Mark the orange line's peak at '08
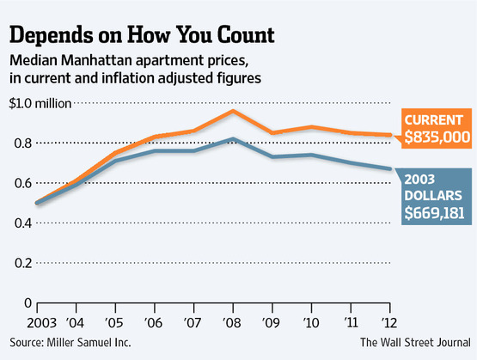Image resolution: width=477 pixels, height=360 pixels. tap(233, 110)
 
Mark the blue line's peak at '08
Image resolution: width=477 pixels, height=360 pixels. tap(233, 138)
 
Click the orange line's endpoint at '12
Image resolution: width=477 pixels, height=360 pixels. tap(391, 135)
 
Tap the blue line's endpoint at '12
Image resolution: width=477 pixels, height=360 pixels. tap(391, 168)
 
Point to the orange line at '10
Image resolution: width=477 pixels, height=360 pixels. tap(312, 127)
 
